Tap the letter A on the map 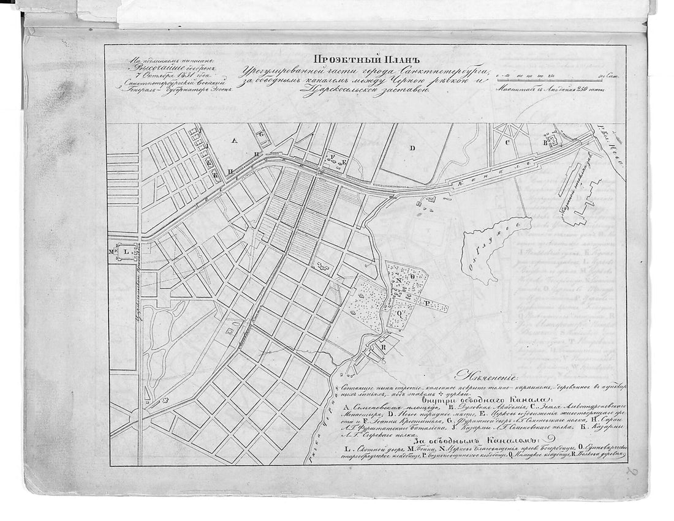pyautogui.click(x=233, y=140)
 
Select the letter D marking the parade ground pyautogui.click(x=412, y=148)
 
